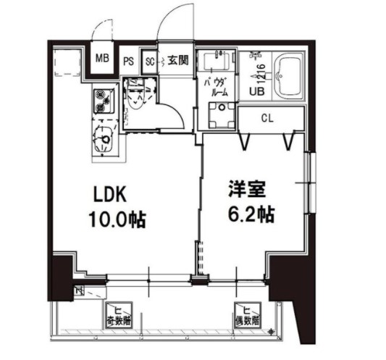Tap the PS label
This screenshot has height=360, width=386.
pyautogui.click(x=128, y=62)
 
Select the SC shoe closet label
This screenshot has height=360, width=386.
pyautogui.click(x=151, y=62)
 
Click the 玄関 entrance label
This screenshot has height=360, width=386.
pyautogui.click(x=178, y=62)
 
